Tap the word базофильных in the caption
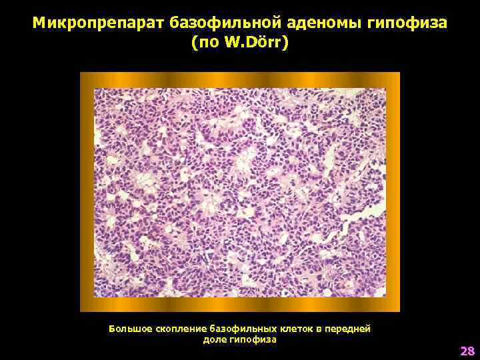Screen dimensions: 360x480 coord(241,329)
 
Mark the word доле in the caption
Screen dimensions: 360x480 coord(214,339)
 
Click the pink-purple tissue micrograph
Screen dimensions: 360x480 coord(240,192)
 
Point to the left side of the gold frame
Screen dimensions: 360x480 coord(87,192)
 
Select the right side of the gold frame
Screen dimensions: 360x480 coord(393,192)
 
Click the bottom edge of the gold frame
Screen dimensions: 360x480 coord(240,305)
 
